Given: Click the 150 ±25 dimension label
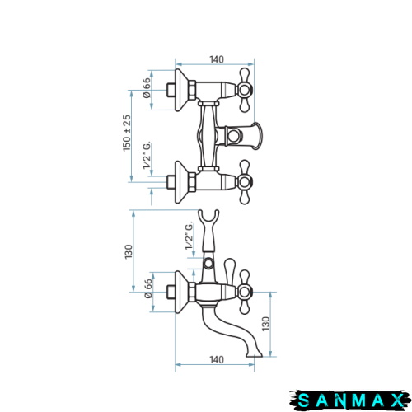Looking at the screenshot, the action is click(127, 133).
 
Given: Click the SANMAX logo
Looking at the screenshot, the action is click(350, 400).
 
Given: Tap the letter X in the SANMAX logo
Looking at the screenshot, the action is click(397, 400).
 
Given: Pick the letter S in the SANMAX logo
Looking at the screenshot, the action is click(304, 400).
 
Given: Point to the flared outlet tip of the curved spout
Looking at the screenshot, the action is click(255, 354).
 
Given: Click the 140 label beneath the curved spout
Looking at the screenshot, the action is click(217, 359).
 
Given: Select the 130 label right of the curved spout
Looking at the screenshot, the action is click(266, 324).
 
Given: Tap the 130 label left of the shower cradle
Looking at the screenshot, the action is click(129, 251).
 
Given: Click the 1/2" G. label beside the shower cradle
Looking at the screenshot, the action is click(190, 236).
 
